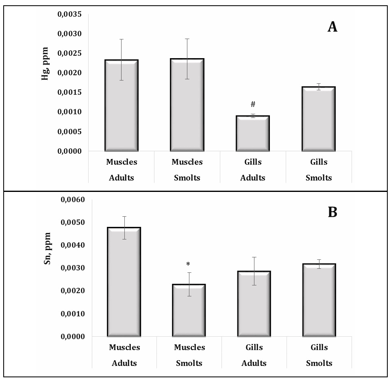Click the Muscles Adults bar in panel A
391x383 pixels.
click(x=122, y=105)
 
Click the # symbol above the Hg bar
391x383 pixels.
click(x=253, y=104)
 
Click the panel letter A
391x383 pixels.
click(x=332, y=28)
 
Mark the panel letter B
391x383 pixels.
click(x=332, y=212)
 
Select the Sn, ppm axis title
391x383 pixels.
click(x=48, y=248)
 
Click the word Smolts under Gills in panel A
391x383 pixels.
click(x=319, y=178)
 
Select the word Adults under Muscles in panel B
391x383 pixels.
click(x=124, y=363)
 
